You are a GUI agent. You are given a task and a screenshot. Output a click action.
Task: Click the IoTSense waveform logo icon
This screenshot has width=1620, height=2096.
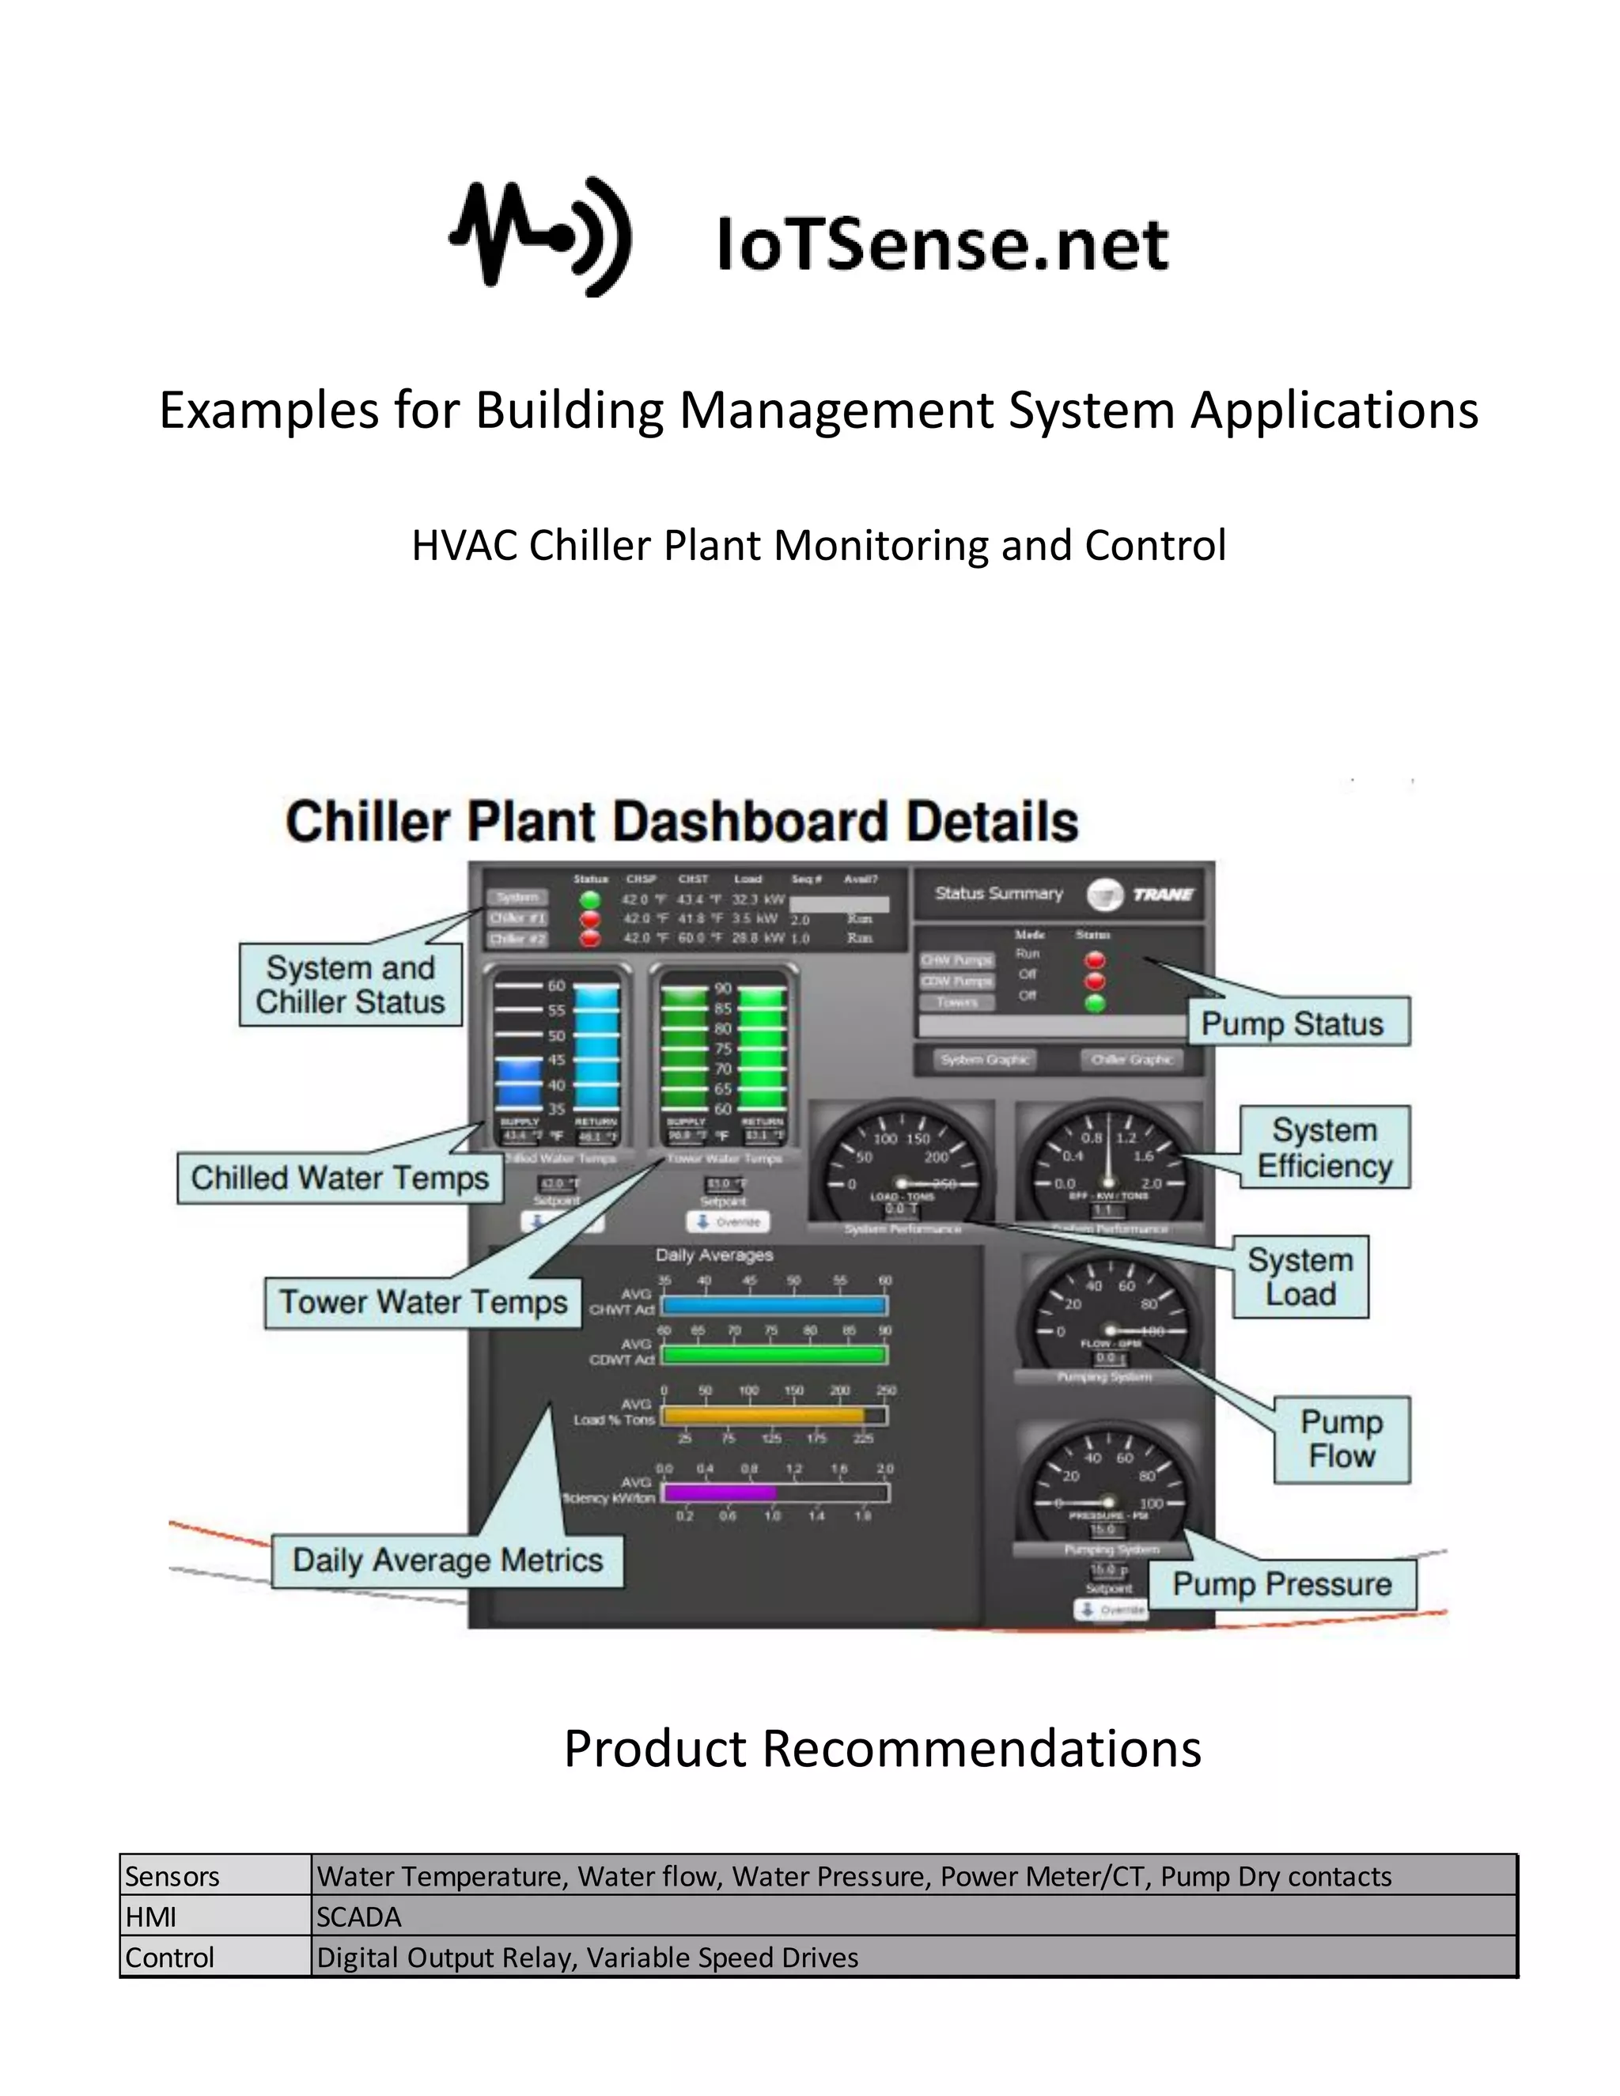pyautogui.click(x=540, y=236)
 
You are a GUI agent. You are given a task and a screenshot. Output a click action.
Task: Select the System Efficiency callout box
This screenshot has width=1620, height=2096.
pyautogui.click(x=1324, y=1148)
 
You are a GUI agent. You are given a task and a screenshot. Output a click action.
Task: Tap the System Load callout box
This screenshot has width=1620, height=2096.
pyautogui.click(x=1300, y=1277)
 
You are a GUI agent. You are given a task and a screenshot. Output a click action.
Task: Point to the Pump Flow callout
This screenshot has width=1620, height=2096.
pyautogui.click(x=1342, y=1440)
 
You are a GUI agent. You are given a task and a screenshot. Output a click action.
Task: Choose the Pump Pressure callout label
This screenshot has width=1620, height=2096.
pyautogui.click(x=1282, y=1584)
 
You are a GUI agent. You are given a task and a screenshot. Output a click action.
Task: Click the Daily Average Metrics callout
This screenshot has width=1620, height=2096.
pyautogui.click(x=447, y=1561)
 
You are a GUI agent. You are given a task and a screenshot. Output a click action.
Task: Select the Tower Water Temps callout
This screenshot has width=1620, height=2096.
pyautogui.click(x=423, y=1303)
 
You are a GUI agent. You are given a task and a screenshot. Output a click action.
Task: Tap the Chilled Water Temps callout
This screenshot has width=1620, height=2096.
pyautogui.click(x=339, y=1178)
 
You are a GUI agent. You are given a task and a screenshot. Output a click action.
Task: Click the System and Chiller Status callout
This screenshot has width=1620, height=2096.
pyautogui.click(x=350, y=985)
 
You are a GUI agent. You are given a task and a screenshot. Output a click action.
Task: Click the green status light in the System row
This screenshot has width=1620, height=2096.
pyautogui.click(x=590, y=899)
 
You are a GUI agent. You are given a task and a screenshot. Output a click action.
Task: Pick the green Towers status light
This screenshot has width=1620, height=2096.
pyautogui.click(x=1094, y=1003)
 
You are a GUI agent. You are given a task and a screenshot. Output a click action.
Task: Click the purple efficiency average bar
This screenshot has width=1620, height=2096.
pyautogui.click(x=719, y=1493)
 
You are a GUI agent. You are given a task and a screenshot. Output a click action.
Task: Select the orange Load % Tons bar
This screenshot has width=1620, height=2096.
pyautogui.click(x=763, y=1415)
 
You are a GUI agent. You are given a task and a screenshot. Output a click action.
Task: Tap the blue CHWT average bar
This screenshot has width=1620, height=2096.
pyautogui.click(x=774, y=1305)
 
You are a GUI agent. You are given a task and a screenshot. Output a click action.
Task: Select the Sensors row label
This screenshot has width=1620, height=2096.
pyautogui.click(x=172, y=1876)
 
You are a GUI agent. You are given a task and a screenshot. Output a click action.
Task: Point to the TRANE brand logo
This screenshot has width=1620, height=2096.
pyautogui.click(x=1142, y=895)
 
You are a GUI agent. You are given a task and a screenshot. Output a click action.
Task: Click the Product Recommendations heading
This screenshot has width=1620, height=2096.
pyautogui.click(x=882, y=1749)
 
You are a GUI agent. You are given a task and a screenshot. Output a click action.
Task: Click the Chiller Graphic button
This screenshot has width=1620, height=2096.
pyautogui.click(x=1131, y=1060)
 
